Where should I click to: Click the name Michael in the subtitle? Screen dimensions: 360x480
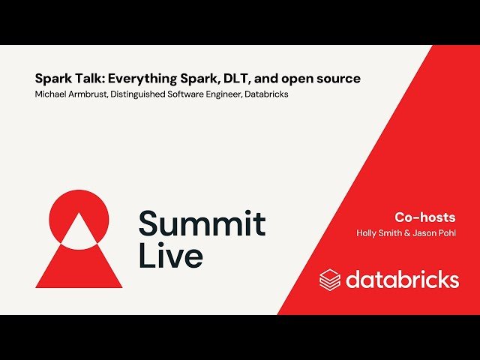(x=51, y=94)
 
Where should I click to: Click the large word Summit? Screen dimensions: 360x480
(x=202, y=224)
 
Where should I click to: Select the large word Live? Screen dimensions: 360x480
(x=170, y=256)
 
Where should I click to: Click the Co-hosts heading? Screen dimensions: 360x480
(x=425, y=217)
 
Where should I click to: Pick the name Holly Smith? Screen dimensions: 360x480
(x=379, y=233)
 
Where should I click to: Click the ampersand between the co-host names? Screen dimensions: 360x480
(x=408, y=233)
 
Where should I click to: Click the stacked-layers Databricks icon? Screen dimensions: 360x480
(x=330, y=280)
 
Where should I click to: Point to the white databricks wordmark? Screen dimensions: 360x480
(x=402, y=280)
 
